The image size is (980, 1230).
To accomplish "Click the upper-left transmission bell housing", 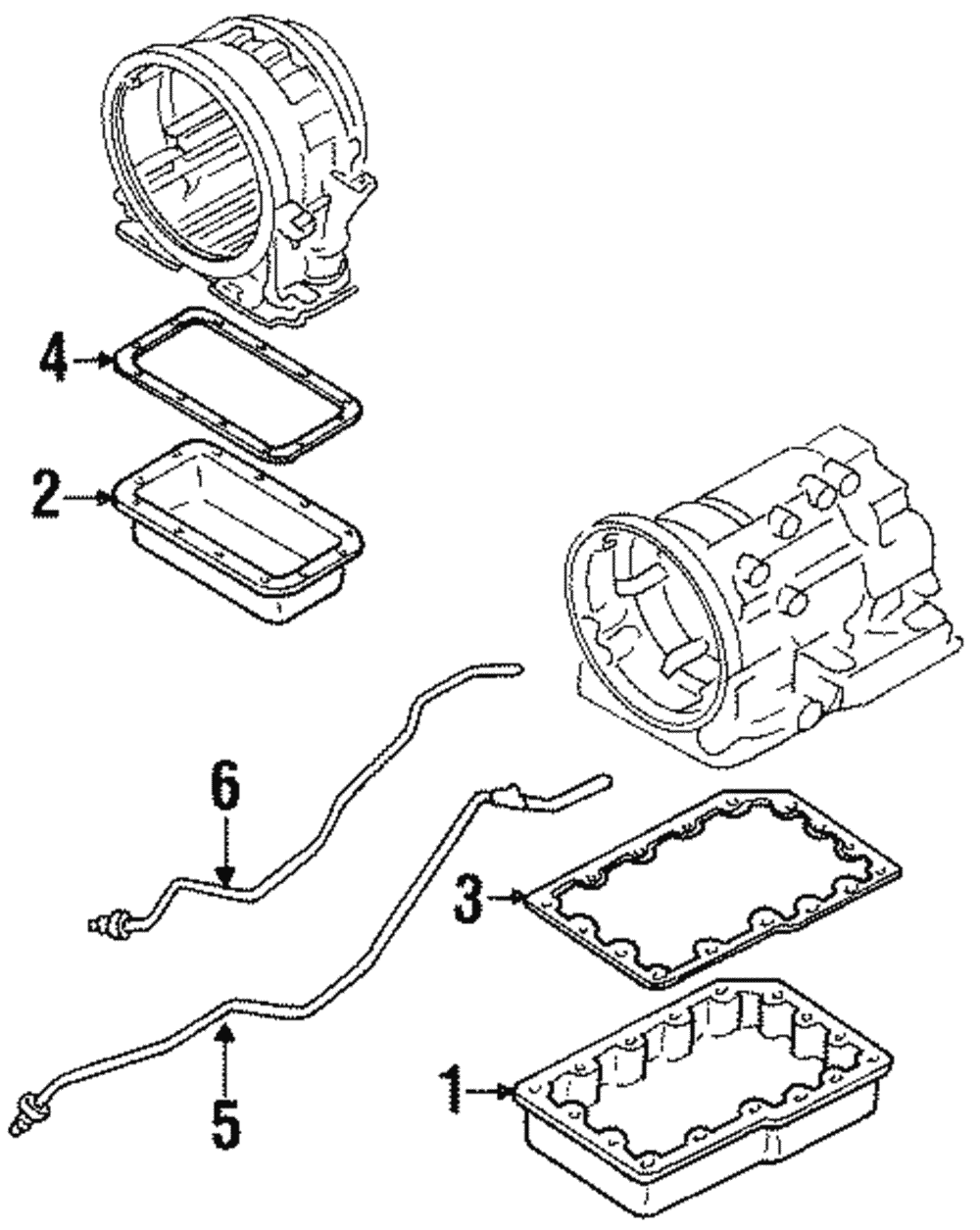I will click(x=235, y=167).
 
